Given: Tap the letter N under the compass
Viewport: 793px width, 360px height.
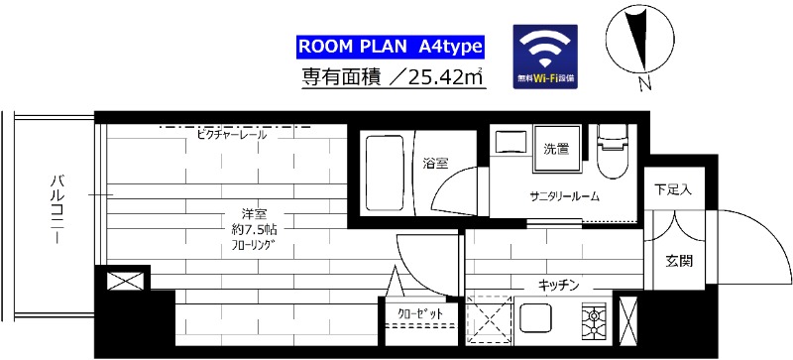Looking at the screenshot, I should (644, 83).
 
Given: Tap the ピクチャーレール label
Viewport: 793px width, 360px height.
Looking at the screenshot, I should (231, 134).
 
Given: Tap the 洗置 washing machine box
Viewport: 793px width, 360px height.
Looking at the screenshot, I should (555, 150).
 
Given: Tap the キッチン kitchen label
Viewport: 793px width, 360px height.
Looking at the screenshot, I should (557, 285).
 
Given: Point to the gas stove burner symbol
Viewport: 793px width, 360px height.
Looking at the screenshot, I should (597, 318).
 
